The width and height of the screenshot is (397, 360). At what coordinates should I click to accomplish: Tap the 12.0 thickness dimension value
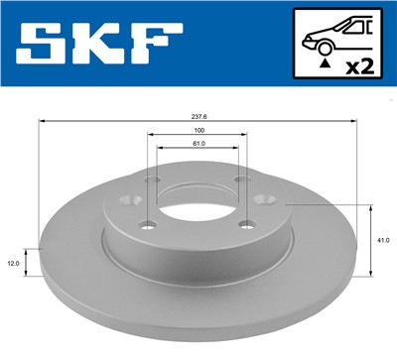12,263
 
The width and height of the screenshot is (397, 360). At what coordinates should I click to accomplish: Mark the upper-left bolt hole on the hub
151,181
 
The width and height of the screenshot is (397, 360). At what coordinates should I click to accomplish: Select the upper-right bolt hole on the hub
242,180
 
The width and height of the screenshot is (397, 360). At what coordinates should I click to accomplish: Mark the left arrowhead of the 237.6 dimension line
42,120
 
